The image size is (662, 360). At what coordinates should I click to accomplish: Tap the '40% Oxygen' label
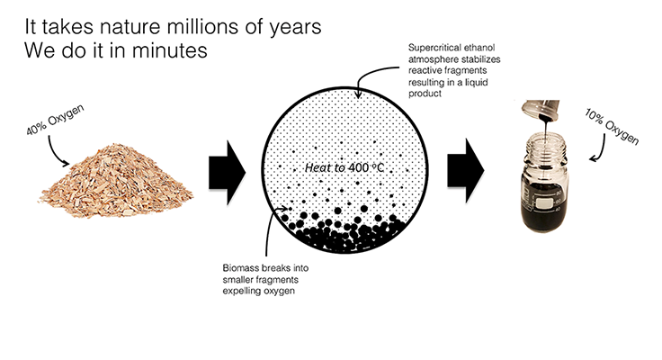tap(55, 120)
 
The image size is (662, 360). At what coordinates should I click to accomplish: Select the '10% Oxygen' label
tap(612, 126)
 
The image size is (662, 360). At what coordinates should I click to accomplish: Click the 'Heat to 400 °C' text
tap(344, 167)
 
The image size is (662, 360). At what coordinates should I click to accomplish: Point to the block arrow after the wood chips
tap(228, 173)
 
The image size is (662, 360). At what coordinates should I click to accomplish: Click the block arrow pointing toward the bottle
tap(466, 171)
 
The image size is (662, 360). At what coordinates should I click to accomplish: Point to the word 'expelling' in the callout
tap(241, 291)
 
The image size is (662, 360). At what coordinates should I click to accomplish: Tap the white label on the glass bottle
tap(544, 203)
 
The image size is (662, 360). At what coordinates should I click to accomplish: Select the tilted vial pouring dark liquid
tap(541, 110)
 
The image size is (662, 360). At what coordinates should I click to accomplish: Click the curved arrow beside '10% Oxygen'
tap(599, 148)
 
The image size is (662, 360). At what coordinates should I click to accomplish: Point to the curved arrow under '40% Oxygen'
tap(56, 152)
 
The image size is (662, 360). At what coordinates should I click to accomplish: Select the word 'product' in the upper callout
tap(425, 94)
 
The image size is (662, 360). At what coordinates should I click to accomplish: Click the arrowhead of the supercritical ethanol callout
tap(358, 94)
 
